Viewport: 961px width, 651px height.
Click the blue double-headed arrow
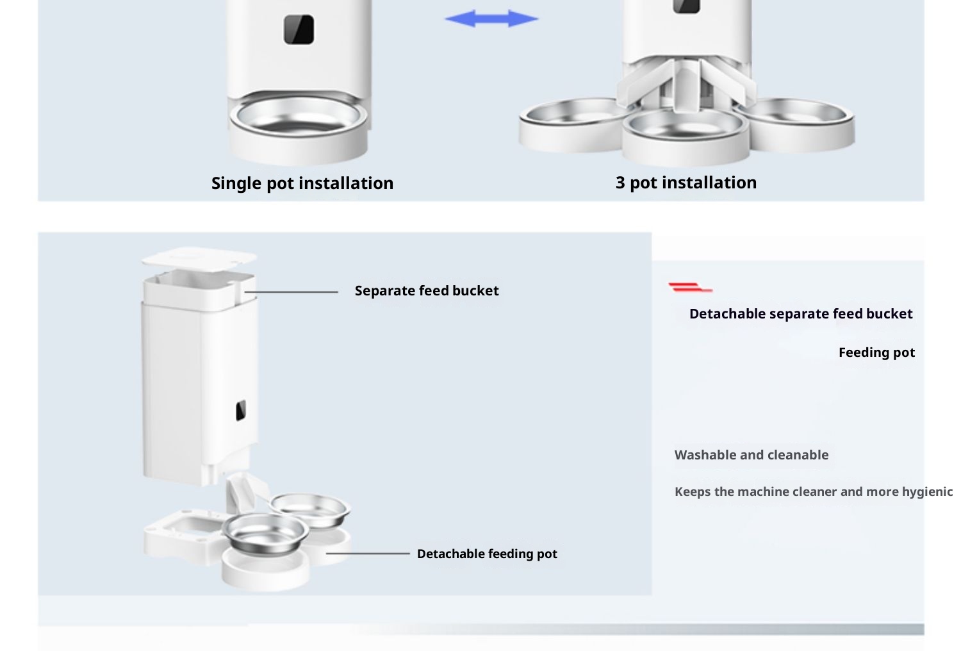click(491, 19)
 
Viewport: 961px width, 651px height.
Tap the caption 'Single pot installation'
click(302, 183)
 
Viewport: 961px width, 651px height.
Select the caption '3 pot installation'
click(686, 183)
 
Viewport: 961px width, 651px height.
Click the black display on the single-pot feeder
click(299, 29)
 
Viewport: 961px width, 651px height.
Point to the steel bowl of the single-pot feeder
click(299, 117)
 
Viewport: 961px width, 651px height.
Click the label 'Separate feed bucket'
click(427, 291)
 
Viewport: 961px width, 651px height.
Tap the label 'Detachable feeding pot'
click(487, 554)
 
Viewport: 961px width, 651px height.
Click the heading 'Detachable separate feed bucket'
click(801, 314)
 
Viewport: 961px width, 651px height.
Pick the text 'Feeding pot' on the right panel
click(876, 353)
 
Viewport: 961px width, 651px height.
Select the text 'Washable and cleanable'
click(752, 455)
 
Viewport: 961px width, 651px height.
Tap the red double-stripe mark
click(690, 288)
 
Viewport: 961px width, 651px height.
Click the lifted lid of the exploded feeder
click(199, 258)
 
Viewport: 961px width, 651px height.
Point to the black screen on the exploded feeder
click(241, 410)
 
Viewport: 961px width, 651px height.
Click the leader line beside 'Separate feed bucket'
click(292, 292)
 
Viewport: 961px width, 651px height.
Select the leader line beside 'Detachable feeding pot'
click(368, 554)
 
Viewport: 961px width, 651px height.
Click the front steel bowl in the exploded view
click(265, 534)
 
